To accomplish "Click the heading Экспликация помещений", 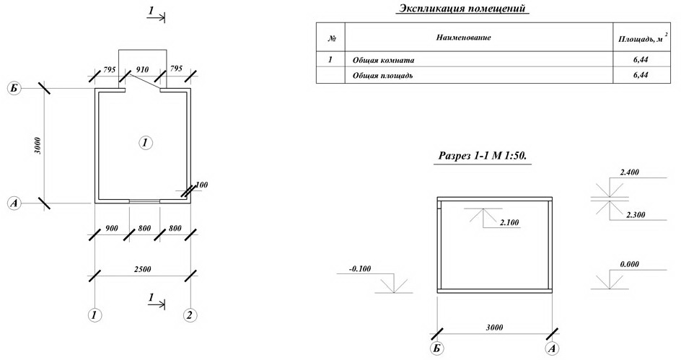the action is click(462, 8).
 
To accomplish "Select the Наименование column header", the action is click(463, 38).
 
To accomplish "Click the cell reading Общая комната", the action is click(383, 61).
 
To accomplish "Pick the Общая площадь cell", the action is click(382, 76).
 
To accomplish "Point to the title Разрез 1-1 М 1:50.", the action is click(483, 156).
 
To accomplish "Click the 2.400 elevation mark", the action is click(629, 172).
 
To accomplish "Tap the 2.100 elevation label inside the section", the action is click(509, 223).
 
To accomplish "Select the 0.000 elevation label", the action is click(629, 264).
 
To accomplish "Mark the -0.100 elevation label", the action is click(359, 269).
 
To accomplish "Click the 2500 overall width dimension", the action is click(142, 269).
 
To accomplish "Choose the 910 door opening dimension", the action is click(142, 69).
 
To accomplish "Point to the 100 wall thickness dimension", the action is click(201, 185).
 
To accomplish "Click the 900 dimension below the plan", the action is click(112, 229).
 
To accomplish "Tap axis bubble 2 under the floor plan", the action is click(190, 315).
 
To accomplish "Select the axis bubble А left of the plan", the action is click(14, 203).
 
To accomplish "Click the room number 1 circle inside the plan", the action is click(146, 142).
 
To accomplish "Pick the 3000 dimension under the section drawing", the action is click(495, 327).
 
